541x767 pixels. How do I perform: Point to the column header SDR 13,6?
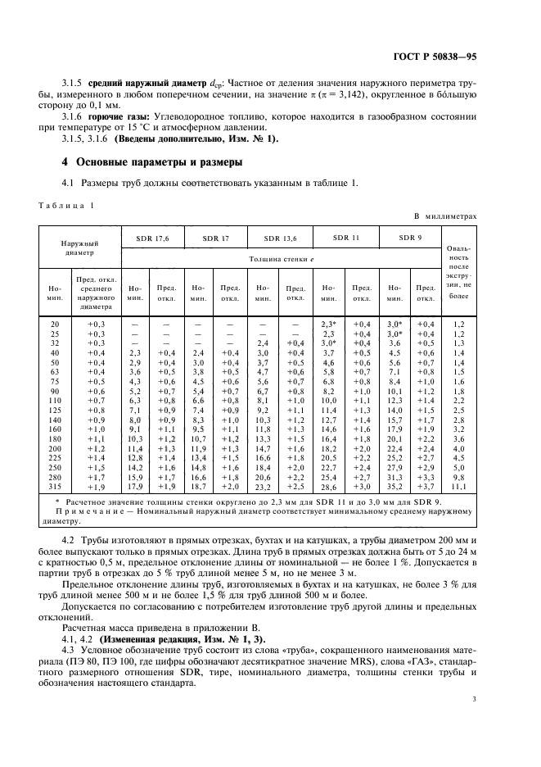(280, 238)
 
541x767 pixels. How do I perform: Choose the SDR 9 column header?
(410, 238)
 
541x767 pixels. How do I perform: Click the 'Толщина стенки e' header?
(281, 258)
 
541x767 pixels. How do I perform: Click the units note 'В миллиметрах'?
(444, 216)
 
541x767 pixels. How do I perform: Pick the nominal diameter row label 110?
(54, 399)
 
